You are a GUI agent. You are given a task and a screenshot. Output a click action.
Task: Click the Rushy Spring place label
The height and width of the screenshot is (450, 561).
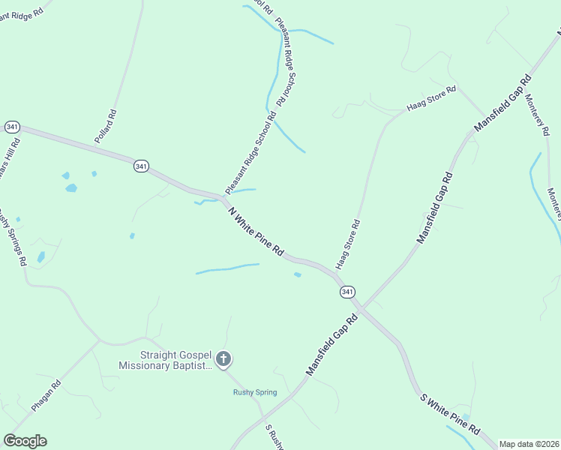click(x=254, y=392)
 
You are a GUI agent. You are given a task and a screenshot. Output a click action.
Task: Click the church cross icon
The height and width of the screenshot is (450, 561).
click(x=224, y=360)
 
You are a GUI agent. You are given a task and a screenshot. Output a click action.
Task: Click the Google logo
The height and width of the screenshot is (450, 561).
click(x=25, y=441)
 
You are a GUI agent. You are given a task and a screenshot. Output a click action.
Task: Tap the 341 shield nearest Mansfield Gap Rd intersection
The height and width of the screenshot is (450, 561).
click(x=346, y=291)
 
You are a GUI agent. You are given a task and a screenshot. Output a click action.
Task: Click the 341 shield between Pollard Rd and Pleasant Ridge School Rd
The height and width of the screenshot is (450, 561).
click(x=140, y=165)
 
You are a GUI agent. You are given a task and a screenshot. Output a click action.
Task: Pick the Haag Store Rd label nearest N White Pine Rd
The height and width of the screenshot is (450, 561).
click(x=349, y=244)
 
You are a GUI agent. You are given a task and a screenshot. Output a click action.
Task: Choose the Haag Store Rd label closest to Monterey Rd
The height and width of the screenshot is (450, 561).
click(x=431, y=99)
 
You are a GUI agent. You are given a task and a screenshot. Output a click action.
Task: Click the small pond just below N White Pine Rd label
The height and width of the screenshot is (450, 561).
click(x=298, y=274)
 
